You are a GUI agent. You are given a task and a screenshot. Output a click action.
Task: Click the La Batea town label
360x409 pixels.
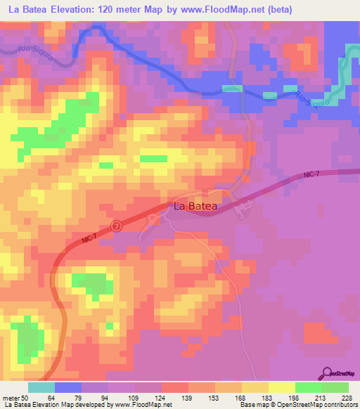click(x=195, y=207)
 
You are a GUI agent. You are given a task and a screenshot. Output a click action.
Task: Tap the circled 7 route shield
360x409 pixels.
click(x=117, y=226)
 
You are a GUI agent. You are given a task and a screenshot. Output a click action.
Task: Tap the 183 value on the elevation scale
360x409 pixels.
click(x=266, y=398)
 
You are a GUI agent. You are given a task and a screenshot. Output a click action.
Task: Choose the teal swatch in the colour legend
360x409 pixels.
click(x=41, y=387)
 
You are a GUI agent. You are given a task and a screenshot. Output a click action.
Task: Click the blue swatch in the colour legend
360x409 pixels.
click(x=68, y=387)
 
